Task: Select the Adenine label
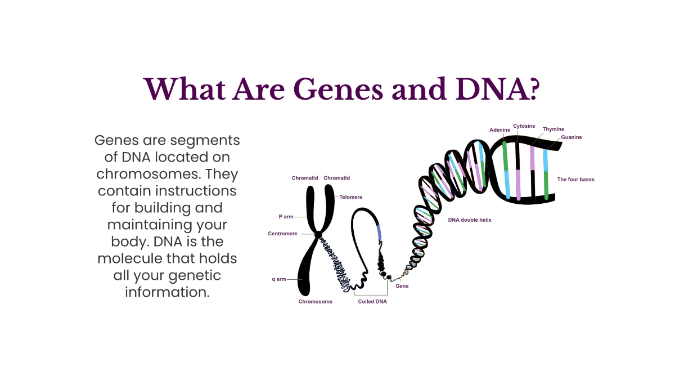(x=499, y=130)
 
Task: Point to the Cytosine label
(x=524, y=126)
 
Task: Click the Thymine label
(x=553, y=129)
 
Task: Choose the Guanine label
(x=571, y=137)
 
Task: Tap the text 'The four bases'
(x=575, y=180)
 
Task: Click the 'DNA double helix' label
(x=470, y=220)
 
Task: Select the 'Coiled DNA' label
(x=372, y=302)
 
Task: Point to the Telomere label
(x=351, y=197)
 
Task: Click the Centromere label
(x=282, y=234)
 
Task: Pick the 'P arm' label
(x=286, y=217)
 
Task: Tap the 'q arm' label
(x=279, y=279)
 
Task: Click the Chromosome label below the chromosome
(x=315, y=302)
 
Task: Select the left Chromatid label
(x=305, y=178)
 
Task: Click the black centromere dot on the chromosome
(x=318, y=234)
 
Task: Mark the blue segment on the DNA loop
(x=379, y=231)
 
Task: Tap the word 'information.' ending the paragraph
(x=167, y=293)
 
